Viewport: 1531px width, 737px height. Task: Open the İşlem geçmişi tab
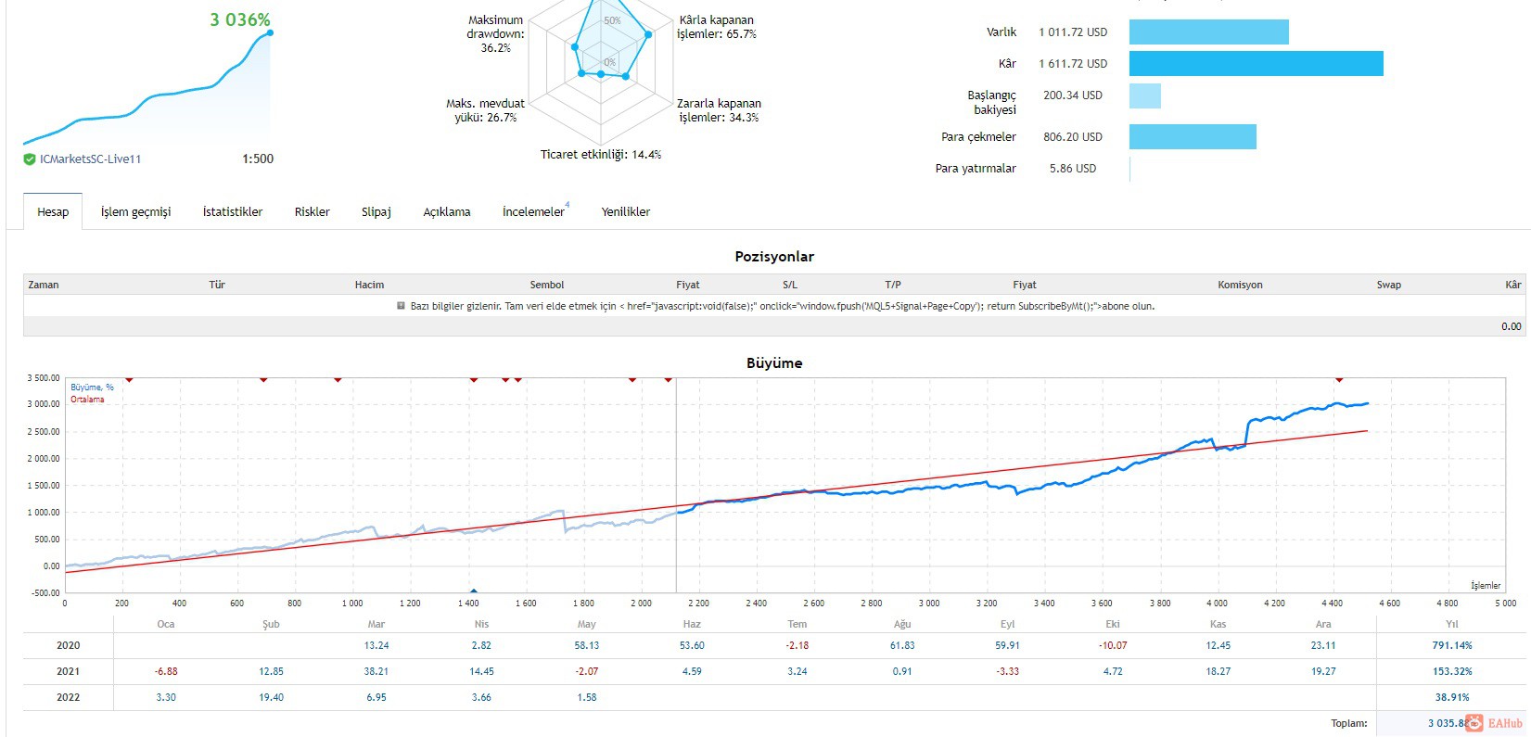[135, 211]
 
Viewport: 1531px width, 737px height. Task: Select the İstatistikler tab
[233, 211]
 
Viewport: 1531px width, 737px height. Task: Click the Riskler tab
[312, 211]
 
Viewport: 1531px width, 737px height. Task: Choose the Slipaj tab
[376, 211]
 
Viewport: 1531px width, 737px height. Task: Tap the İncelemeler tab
[533, 211]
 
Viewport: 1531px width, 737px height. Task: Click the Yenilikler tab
[625, 211]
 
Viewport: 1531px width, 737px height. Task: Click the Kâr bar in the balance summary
[1257, 64]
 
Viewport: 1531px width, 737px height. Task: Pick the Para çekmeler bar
[1193, 136]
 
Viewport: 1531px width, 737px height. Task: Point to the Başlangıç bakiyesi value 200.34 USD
[1072, 95]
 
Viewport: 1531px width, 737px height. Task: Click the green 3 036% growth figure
[240, 19]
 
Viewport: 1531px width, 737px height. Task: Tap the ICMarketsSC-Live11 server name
[90, 159]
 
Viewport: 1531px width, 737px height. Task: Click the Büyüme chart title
[773, 363]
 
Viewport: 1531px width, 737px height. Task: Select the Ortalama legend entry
[87, 400]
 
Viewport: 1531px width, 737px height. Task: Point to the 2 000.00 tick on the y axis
[43, 458]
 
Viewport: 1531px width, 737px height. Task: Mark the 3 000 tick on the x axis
[929, 604]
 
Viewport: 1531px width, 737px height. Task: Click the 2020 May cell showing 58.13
[586, 645]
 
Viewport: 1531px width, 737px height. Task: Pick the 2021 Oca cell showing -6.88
[166, 671]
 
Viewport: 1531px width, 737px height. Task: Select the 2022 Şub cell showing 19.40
[271, 697]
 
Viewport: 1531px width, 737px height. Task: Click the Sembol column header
[547, 285]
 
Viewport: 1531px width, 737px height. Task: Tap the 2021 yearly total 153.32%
[1452, 671]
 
